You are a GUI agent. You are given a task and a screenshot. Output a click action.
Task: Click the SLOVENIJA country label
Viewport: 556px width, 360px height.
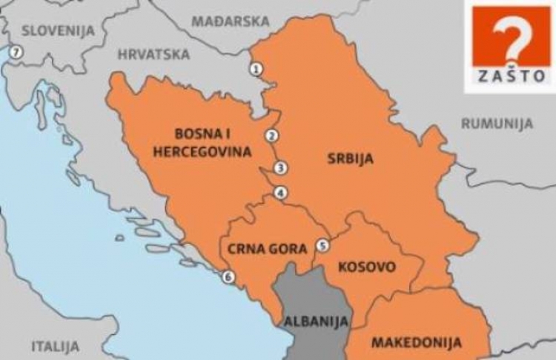point(59,30)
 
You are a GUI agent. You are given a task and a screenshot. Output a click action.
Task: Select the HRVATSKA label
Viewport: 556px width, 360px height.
point(153,54)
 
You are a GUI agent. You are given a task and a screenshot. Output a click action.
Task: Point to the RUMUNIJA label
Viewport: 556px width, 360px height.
point(497,124)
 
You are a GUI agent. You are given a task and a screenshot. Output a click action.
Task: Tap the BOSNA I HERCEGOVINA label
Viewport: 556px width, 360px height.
point(202,142)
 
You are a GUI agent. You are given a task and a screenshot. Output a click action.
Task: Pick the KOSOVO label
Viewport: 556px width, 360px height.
point(366,267)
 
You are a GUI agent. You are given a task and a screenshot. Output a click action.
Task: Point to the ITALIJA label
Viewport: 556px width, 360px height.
point(55,346)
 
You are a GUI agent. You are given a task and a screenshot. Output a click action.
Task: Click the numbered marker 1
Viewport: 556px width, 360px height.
point(257,69)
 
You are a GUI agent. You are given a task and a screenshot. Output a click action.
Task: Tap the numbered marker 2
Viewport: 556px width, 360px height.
point(271,136)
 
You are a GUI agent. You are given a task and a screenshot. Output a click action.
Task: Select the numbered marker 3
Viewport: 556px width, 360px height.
point(279,168)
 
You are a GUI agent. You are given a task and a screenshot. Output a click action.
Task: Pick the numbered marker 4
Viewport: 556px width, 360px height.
point(279,193)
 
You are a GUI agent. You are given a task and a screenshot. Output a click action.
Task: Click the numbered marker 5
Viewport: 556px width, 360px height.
point(322,245)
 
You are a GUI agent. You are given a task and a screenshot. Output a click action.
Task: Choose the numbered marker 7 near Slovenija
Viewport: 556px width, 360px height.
point(15,53)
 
